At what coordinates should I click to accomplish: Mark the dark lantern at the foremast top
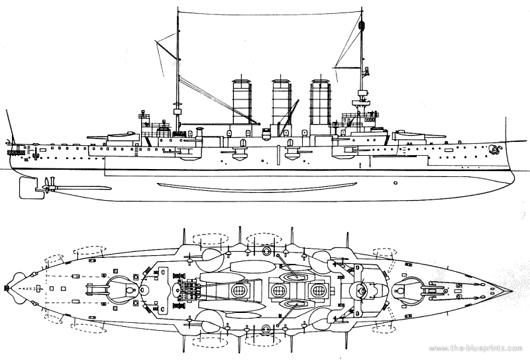click(362, 27)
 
